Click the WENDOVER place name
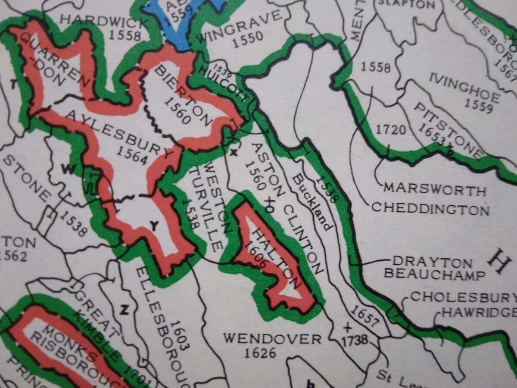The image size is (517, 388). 272,339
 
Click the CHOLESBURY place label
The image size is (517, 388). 463,297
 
